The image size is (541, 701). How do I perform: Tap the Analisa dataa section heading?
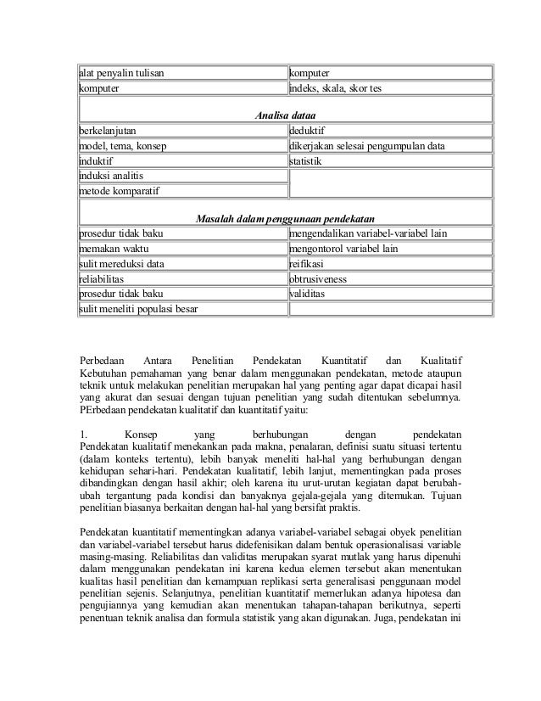tap(287, 115)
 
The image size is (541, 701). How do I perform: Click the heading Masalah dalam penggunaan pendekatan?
tap(287, 218)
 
